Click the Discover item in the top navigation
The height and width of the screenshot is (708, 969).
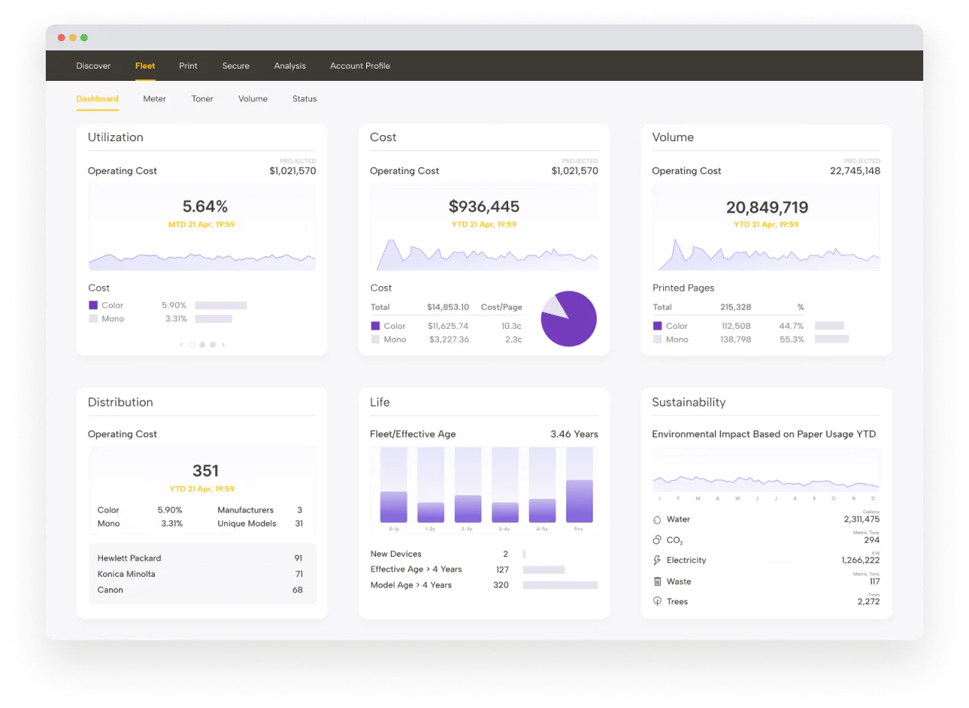[93, 66]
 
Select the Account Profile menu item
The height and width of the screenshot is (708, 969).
[359, 66]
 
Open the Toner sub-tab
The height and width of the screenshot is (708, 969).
[202, 98]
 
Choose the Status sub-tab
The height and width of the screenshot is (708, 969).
[304, 98]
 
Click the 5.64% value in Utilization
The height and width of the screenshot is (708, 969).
[204, 206]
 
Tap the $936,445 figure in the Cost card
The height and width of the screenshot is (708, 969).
[484, 206]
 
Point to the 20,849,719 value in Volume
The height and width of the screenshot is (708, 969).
[767, 207]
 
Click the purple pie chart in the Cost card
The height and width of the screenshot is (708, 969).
[568, 319]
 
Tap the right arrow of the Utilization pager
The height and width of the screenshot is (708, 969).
[223, 345]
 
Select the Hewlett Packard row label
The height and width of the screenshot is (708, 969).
[129, 558]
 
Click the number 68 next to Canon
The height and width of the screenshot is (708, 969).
[297, 590]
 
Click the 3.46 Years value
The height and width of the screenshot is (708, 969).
[574, 434]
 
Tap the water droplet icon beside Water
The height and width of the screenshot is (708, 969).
[657, 520]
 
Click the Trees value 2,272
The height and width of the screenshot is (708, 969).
[868, 601]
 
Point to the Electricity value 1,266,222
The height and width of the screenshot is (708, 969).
[860, 560]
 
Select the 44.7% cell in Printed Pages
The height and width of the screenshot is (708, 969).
[791, 326]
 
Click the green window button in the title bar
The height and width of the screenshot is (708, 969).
[84, 37]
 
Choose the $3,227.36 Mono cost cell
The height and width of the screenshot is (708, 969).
[449, 340]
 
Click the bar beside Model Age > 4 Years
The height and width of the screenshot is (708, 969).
[560, 585]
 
